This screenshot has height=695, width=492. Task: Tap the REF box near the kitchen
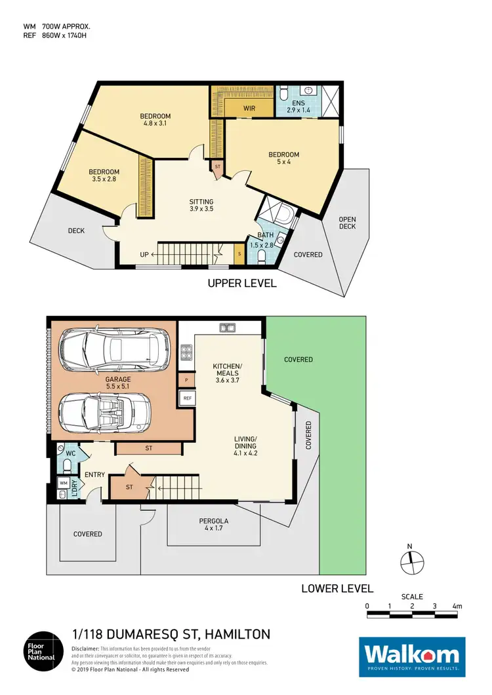click(x=187, y=398)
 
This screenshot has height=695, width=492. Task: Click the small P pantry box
click(x=187, y=379)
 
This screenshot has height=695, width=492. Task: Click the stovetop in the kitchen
click(x=186, y=354)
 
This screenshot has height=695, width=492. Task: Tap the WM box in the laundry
click(x=64, y=483)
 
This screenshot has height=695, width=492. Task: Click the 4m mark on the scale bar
click(x=457, y=606)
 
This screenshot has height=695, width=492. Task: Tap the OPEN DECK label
click(x=347, y=223)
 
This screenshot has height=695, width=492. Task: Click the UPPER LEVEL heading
click(x=242, y=284)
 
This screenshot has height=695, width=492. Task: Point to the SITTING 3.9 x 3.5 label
click(x=201, y=205)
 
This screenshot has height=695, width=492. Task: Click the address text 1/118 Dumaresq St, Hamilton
click(x=170, y=634)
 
